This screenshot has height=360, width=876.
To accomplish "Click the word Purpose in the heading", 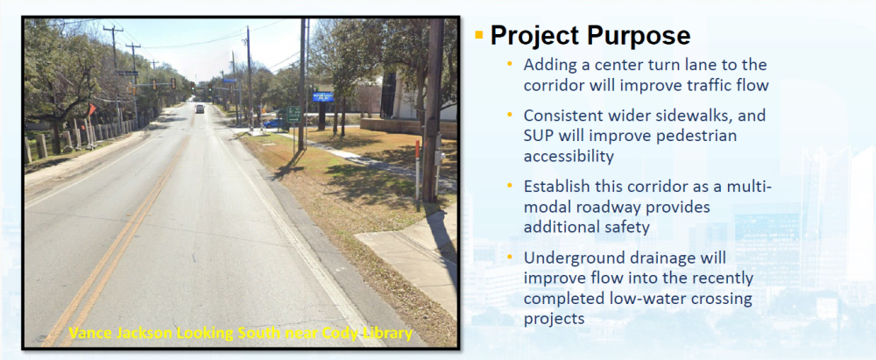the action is coord(634,36).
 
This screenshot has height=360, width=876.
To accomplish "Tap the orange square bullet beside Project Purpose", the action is coord(478,35).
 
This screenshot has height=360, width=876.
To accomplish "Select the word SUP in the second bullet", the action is coord(538,136).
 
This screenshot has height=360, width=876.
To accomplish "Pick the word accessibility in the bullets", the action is coord(569,157).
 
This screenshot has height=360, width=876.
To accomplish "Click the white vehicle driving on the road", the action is coord(200,109).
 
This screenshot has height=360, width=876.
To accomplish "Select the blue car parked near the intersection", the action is coord(272,123).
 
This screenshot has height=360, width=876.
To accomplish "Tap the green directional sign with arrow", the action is coord(293,115).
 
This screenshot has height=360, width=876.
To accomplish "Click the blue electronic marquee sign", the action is coord(323,96).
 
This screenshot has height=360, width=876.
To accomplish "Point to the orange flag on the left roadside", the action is coord(92,109).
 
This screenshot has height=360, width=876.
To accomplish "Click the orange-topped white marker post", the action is coord(417,171).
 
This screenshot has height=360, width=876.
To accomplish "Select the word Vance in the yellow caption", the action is coord(86,335).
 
